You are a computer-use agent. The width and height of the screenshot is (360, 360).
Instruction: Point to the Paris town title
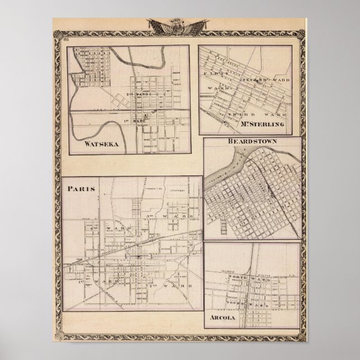tap(82, 188)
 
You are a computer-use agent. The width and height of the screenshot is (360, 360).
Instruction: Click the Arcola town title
tap(224, 319)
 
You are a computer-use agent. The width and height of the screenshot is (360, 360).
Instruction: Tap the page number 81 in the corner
tap(65, 38)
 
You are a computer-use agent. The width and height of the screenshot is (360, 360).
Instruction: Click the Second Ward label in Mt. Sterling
tap(262, 80)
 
